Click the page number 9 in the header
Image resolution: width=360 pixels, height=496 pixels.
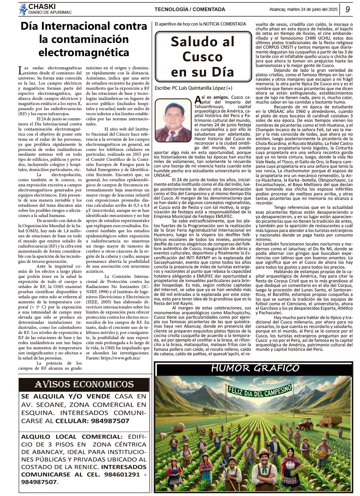coord(347,9)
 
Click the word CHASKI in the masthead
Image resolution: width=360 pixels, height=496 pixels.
coord(42,7)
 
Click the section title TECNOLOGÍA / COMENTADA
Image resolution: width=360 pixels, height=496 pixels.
coord(190,9)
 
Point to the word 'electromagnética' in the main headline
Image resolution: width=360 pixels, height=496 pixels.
coord(84,53)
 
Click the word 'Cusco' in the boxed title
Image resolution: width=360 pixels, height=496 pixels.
coord(202,57)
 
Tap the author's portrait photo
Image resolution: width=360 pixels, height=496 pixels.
coord(173,121)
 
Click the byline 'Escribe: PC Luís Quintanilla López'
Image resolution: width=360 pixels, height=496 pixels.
coord(193,88)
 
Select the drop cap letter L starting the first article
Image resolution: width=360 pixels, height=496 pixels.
coord(21,71)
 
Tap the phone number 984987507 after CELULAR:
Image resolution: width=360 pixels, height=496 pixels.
coord(110,421)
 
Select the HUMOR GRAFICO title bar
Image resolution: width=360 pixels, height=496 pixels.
coord(255,368)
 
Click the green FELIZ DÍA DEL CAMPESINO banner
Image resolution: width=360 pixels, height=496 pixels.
coord(260,390)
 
